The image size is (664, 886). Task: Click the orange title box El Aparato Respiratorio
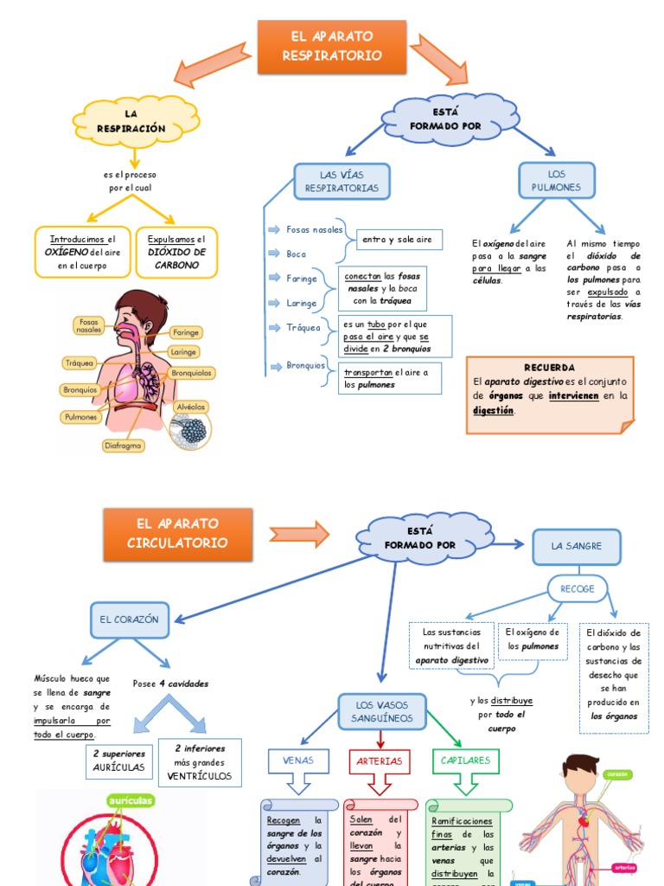tap(332, 47)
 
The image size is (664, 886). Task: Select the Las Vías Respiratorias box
tap(342, 181)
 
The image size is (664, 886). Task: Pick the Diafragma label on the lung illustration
tap(124, 446)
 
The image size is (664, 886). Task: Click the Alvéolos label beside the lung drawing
tap(190, 406)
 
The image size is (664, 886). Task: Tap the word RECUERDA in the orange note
tap(549, 368)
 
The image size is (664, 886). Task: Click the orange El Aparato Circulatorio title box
tap(177, 533)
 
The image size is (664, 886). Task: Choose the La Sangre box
tap(577, 546)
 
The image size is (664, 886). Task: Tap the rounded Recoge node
tap(578, 589)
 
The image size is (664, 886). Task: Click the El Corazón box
tap(129, 620)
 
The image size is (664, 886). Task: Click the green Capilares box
tap(465, 761)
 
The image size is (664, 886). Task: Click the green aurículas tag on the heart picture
tap(131, 802)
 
